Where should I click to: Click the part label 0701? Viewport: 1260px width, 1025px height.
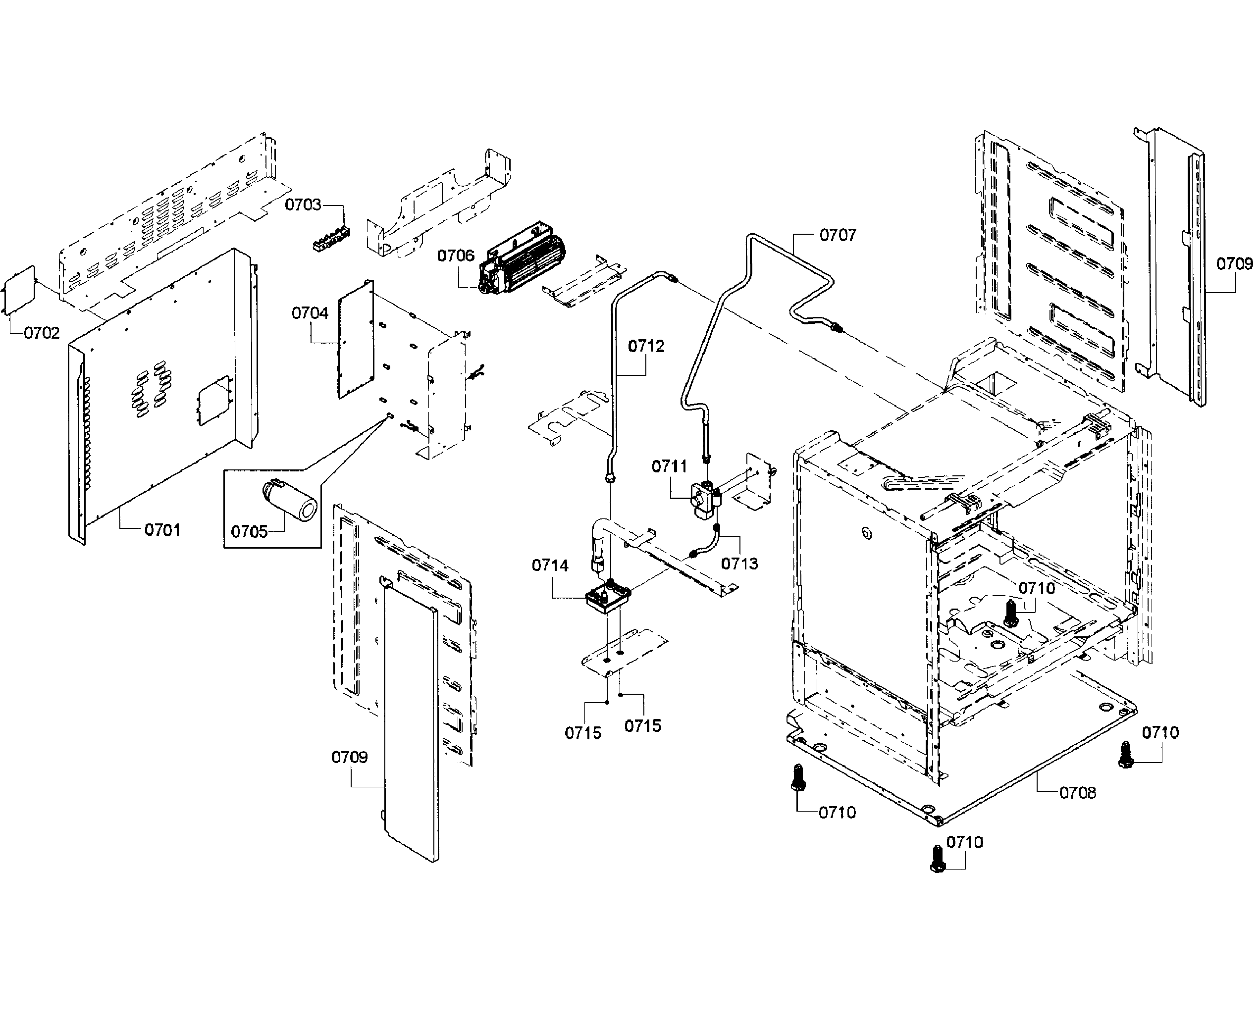[162, 530]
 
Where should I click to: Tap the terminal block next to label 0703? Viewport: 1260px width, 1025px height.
[331, 239]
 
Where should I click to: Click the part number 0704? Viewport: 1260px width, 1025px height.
[310, 313]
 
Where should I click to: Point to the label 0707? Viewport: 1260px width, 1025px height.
[837, 235]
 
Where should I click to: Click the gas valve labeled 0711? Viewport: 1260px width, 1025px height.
[705, 500]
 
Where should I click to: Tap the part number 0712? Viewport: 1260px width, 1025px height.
[645, 346]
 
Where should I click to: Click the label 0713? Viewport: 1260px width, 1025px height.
[739, 564]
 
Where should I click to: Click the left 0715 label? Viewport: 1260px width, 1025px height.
[583, 733]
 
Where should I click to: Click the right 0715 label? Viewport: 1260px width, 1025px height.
[642, 725]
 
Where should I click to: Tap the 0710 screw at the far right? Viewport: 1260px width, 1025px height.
[1125, 755]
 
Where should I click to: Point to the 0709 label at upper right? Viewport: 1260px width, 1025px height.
[1234, 263]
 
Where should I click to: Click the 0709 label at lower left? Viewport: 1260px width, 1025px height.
[349, 757]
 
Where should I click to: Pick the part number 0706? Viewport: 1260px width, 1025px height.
[455, 256]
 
